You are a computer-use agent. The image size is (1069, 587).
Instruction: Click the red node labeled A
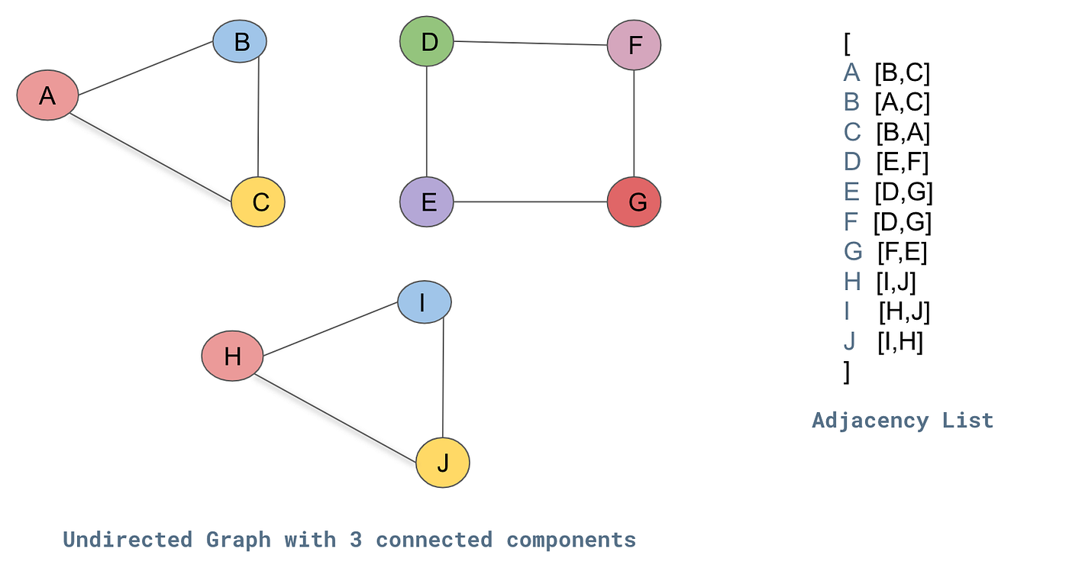coord(48,95)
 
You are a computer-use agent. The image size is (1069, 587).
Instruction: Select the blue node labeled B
coord(240,42)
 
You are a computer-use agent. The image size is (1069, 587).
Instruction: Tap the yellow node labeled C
coord(258,202)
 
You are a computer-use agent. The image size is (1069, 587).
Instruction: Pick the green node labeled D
coord(427,41)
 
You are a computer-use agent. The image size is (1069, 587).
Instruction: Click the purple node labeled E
coord(427,202)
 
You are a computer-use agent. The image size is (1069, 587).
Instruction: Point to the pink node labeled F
coord(634,46)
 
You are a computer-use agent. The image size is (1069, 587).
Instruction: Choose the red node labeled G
coord(634,202)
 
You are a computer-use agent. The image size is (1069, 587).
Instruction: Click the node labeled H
coord(232,356)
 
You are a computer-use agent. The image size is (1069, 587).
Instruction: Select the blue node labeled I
coord(424,302)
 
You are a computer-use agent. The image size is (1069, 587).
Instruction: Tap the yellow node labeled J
coord(443,463)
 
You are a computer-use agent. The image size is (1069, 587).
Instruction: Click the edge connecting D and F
coord(531,44)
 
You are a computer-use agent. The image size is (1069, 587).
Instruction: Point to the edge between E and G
coord(531,202)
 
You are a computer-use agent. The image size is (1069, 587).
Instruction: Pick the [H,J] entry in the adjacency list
coord(904,311)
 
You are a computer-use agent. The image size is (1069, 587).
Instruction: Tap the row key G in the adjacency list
coord(853,251)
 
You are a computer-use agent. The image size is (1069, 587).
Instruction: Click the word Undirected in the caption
coord(127,540)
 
